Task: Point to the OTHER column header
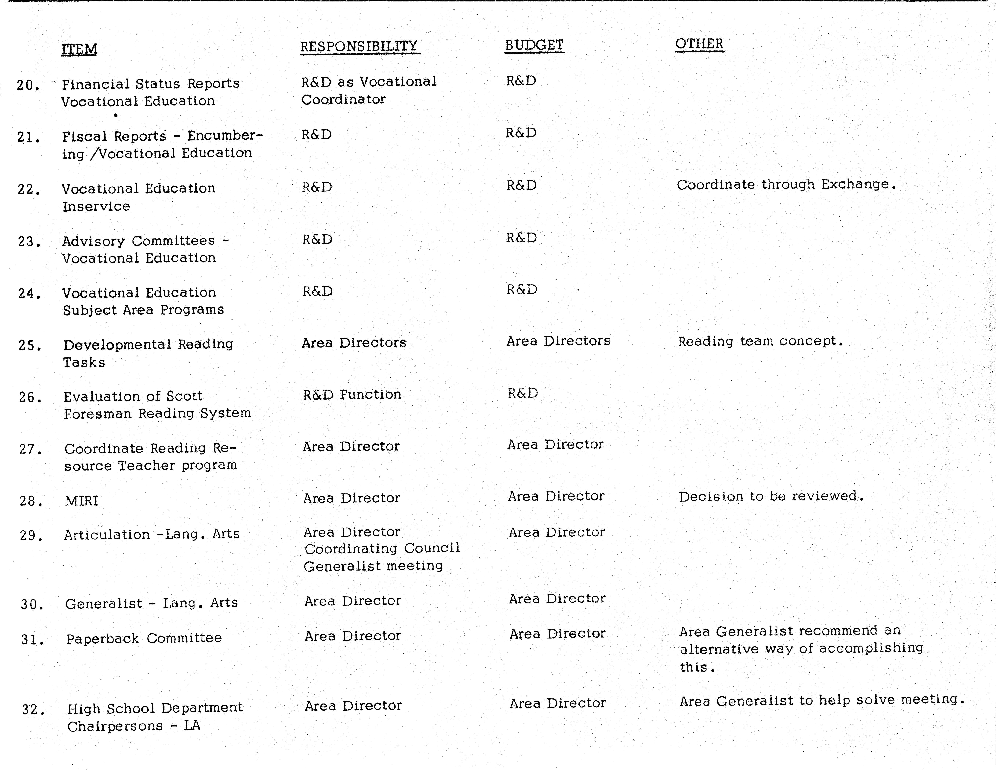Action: coord(699,44)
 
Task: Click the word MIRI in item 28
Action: coord(82,501)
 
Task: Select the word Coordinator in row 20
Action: coord(343,99)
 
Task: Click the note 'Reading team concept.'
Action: coord(760,341)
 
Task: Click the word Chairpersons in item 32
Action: coord(115,726)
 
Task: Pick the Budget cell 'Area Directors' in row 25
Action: coord(558,340)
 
